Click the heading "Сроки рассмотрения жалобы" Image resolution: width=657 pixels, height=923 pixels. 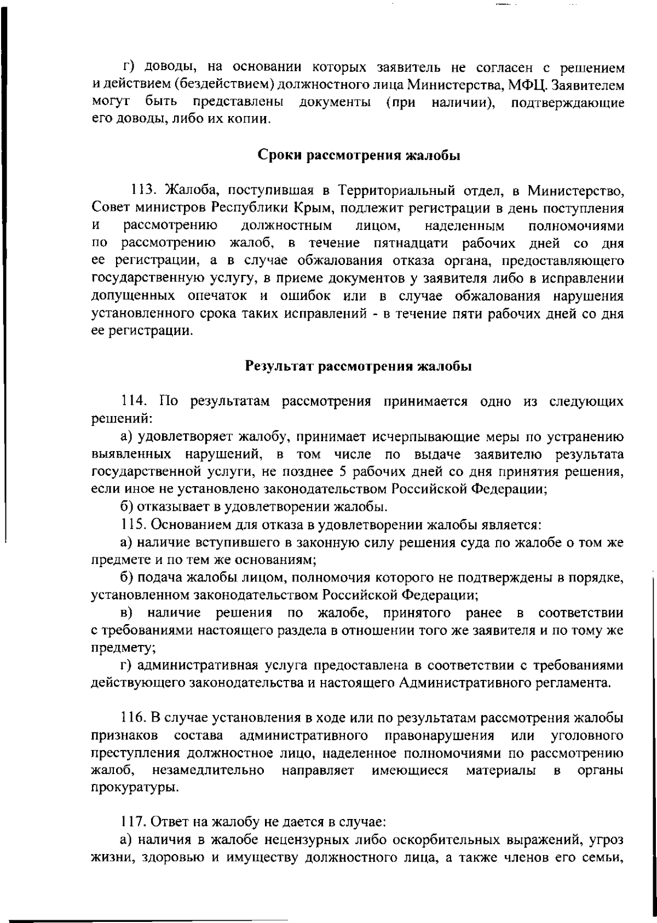click(358, 155)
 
